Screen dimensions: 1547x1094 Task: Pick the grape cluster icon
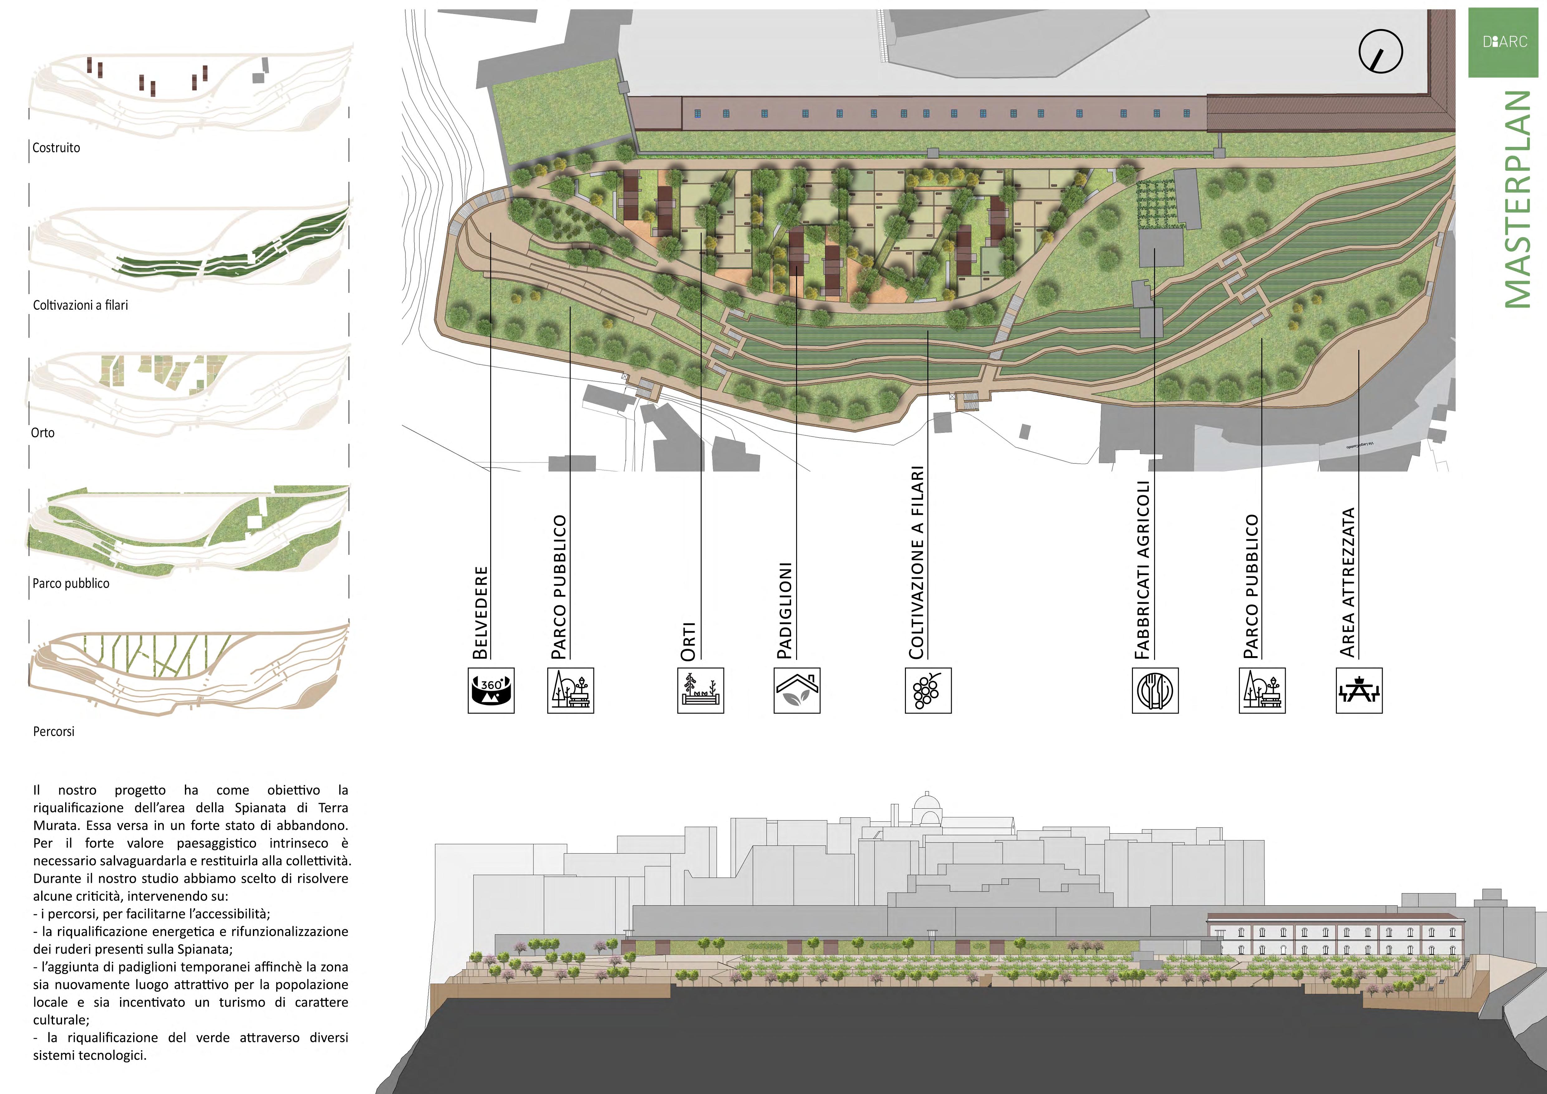pyautogui.click(x=928, y=690)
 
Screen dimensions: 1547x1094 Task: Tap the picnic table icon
pyautogui.click(x=1359, y=690)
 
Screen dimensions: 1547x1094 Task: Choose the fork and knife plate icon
pyautogui.click(x=1155, y=690)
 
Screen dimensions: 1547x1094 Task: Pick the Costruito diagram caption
pyautogui.click(x=56, y=148)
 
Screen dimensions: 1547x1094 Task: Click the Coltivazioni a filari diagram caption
pyautogui.click(x=80, y=305)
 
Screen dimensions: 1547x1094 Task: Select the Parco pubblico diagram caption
pyautogui.click(x=71, y=583)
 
